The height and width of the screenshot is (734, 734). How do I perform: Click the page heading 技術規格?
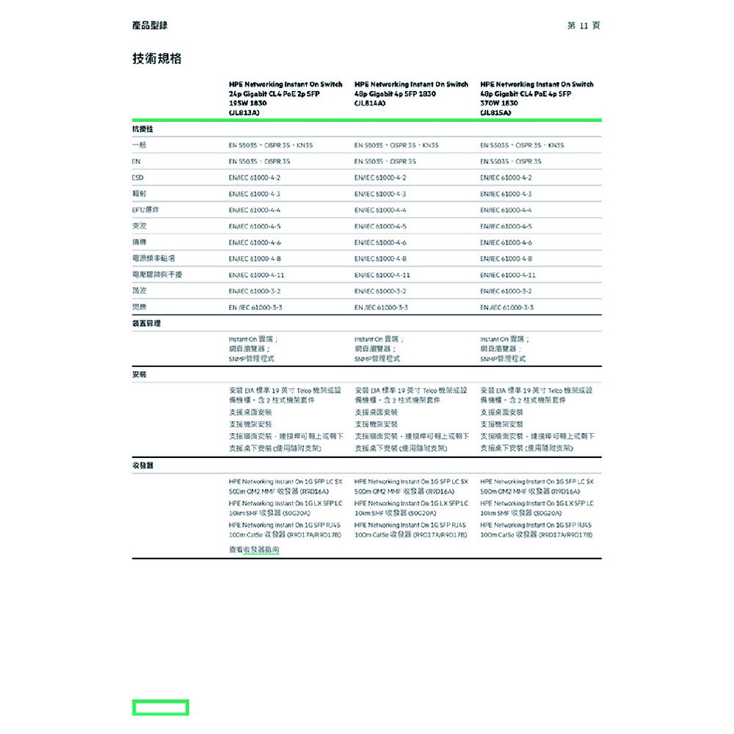click(x=156, y=59)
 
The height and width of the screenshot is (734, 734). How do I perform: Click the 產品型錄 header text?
click(x=150, y=26)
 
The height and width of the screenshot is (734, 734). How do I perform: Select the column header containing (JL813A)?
click(x=286, y=99)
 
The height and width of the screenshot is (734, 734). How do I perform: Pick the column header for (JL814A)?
click(x=411, y=94)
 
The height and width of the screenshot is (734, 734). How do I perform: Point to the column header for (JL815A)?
click(x=537, y=99)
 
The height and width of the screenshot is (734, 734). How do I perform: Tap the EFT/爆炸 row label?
click(x=146, y=210)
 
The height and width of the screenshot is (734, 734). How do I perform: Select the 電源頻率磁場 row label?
click(x=153, y=258)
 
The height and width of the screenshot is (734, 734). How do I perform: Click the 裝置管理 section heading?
click(x=146, y=323)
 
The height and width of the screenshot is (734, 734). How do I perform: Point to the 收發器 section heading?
click(x=142, y=465)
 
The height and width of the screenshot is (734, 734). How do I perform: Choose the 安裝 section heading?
click(x=139, y=374)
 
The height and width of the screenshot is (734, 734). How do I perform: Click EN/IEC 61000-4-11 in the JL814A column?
click(x=382, y=275)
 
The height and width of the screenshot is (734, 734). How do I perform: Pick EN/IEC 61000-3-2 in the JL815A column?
click(x=507, y=291)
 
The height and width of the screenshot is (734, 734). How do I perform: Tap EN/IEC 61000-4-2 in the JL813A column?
click(x=255, y=178)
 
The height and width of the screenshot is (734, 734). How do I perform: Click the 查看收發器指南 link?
click(x=254, y=549)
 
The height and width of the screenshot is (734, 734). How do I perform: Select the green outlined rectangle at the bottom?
click(x=160, y=708)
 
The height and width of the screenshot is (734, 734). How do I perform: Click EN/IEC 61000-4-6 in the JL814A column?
click(x=380, y=242)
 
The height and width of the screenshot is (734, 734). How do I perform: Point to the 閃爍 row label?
click(x=139, y=307)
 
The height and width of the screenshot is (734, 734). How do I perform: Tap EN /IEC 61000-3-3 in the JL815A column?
click(x=507, y=307)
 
